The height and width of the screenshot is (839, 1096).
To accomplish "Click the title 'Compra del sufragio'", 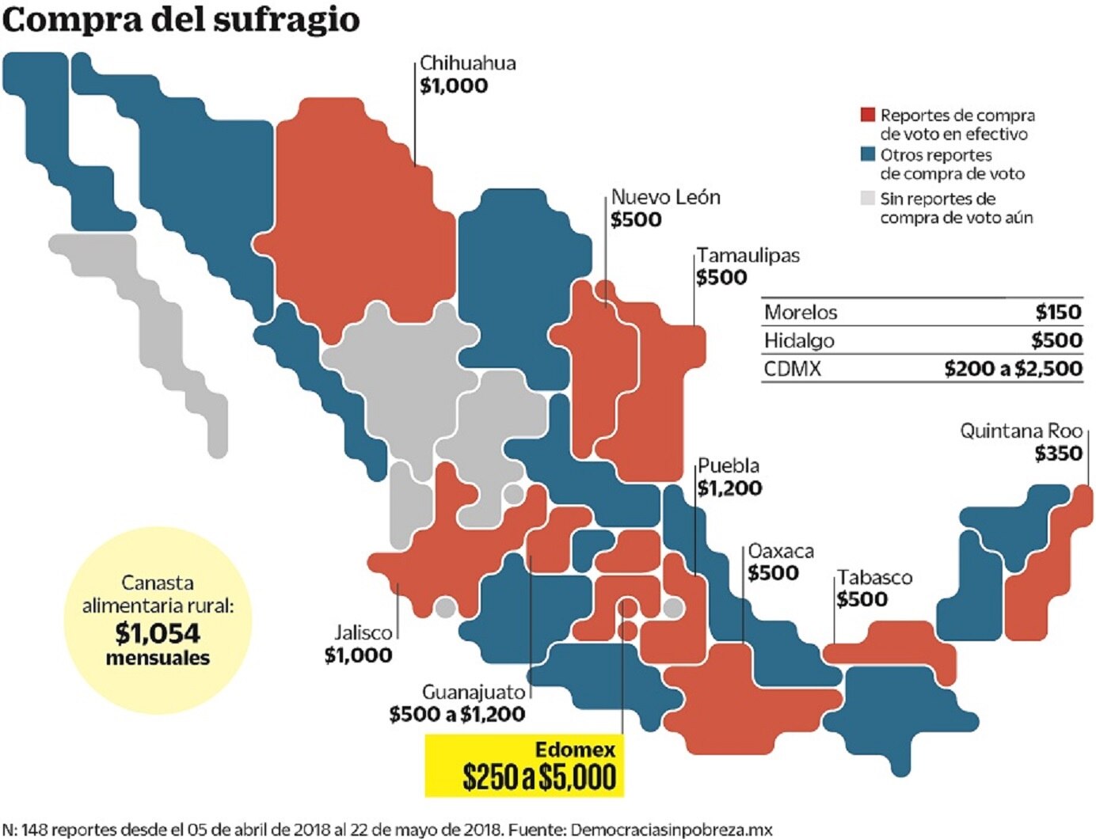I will click(181, 20).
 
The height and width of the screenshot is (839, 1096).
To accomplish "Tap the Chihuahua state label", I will click(467, 63).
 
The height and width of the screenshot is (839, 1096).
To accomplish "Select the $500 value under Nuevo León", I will click(636, 220).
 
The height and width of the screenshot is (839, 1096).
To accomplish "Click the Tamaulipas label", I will click(748, 256).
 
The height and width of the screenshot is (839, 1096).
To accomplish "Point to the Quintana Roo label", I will click(1021, 431).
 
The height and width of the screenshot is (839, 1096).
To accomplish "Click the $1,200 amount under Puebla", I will click(729, 488).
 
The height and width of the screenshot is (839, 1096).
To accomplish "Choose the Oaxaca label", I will click(781, 551).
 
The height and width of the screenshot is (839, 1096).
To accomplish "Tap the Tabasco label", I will click(875, 578).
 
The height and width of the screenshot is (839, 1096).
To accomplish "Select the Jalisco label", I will click(363, 633).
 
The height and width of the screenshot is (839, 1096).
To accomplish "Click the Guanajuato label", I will click(473, 692).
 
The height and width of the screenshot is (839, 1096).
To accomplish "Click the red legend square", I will click(868, 115).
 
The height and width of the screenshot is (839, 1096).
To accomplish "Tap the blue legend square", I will click(868, 154).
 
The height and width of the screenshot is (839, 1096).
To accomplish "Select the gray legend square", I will click(868, 198).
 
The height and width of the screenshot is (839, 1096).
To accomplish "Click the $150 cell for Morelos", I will click(1058, 312).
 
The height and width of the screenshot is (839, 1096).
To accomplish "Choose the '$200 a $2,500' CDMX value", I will click(1013, 369).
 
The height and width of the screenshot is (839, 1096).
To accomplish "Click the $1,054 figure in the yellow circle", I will click(158, 633).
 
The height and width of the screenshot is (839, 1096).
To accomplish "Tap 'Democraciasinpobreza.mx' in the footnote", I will click(671, 830).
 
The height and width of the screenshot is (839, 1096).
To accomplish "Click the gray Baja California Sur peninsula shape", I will click(158, 325).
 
